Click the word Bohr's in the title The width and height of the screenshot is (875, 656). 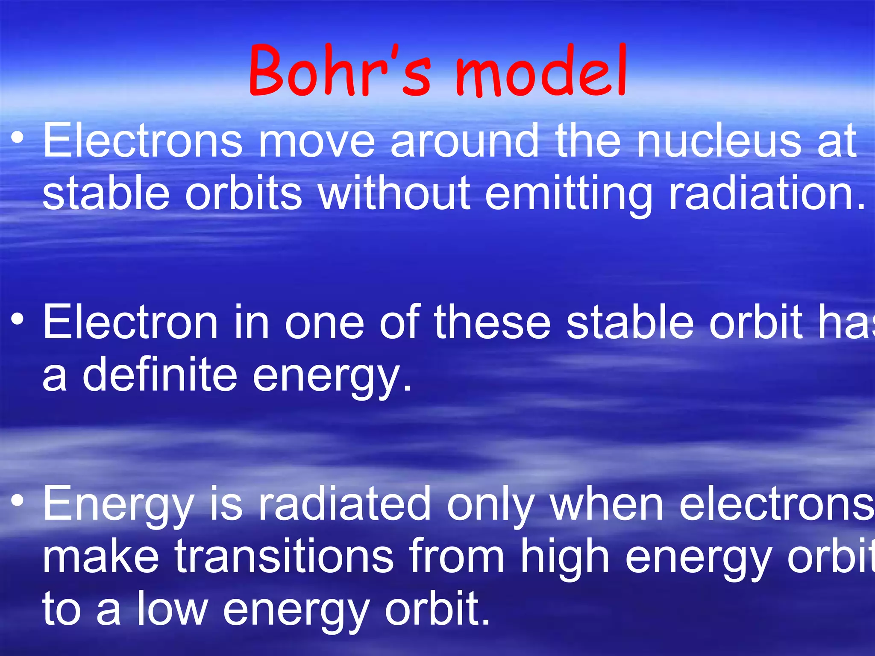coord(340,70)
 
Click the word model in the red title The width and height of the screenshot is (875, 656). coord(540,70)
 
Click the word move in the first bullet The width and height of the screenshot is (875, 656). coord(317,141)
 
